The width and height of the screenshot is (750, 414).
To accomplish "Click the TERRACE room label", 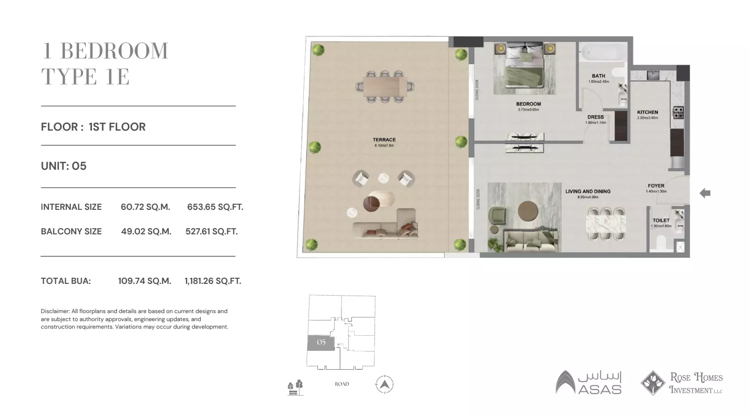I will (384, 140).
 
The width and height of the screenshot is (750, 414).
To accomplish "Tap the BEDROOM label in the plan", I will (528, 104).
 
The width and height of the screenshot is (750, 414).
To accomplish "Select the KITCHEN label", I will (647, 112).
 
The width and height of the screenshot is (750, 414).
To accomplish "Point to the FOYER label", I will (656, 186).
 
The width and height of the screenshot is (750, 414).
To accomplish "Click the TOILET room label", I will (661, 220).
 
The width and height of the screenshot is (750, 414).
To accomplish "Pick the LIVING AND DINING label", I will (588, 191).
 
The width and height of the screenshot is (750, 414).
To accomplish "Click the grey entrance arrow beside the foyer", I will (705, 193).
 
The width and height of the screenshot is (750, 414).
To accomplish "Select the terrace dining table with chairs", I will (384, 86).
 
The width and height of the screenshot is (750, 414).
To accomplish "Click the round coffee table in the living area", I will (528, 211).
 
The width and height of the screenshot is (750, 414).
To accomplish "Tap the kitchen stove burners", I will (678, 113).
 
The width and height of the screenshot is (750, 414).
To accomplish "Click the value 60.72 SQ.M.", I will (145, 207).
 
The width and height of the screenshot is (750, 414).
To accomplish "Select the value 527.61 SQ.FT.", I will (211, 232).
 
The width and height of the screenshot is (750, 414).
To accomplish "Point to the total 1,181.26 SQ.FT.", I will (213, 281).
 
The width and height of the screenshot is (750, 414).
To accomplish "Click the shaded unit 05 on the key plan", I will (321, 342).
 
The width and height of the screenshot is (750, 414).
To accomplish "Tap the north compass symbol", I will (384, 384).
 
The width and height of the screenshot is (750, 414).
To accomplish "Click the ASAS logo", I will (589, 382).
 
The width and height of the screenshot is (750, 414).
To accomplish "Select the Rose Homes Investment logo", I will (682, 383).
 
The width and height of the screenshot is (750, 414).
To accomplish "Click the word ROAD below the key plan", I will (342, 384).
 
